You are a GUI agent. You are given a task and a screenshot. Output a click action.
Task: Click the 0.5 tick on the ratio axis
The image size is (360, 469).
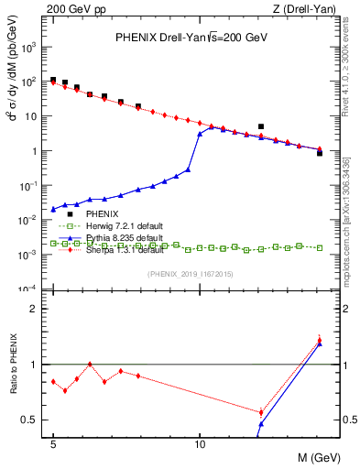(x=34, y=420)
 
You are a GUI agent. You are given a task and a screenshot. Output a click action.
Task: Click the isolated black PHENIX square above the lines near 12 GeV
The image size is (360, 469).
(x=261, y=126)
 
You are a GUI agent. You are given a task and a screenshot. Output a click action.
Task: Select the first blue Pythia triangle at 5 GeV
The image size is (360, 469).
(x=53, y=209)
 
